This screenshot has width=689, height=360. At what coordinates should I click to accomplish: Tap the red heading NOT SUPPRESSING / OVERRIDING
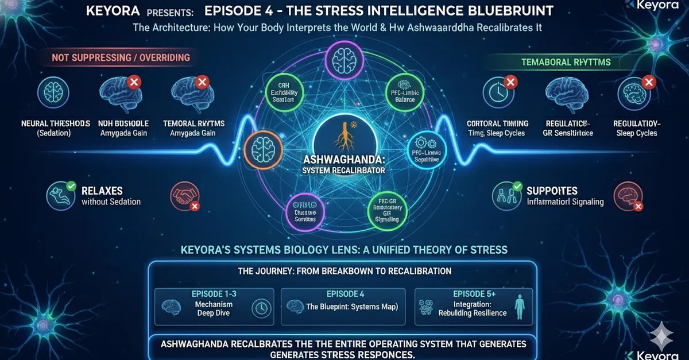121,58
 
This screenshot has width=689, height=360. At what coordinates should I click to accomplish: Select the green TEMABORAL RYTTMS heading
566,61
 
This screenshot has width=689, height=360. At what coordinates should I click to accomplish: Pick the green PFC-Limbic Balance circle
405,92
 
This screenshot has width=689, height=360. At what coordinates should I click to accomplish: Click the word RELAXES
102,191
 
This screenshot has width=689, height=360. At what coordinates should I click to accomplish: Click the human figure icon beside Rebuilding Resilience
520,306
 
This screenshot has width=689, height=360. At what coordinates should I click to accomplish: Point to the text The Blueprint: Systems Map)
352,307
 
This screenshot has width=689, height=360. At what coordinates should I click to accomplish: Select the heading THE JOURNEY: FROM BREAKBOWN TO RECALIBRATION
344,270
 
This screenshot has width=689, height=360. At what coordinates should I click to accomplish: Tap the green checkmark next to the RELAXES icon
71,186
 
